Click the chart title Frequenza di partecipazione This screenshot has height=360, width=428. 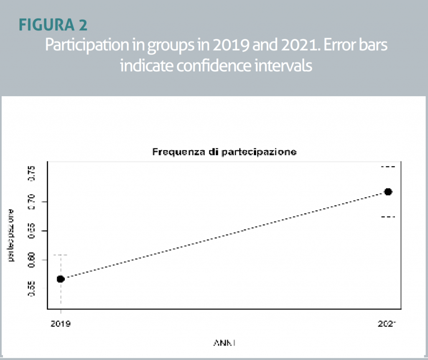224,152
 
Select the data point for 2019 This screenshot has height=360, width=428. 61,279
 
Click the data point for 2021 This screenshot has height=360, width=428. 388,191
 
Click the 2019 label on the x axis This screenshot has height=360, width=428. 61,324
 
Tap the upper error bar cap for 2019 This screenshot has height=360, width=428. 61,255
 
